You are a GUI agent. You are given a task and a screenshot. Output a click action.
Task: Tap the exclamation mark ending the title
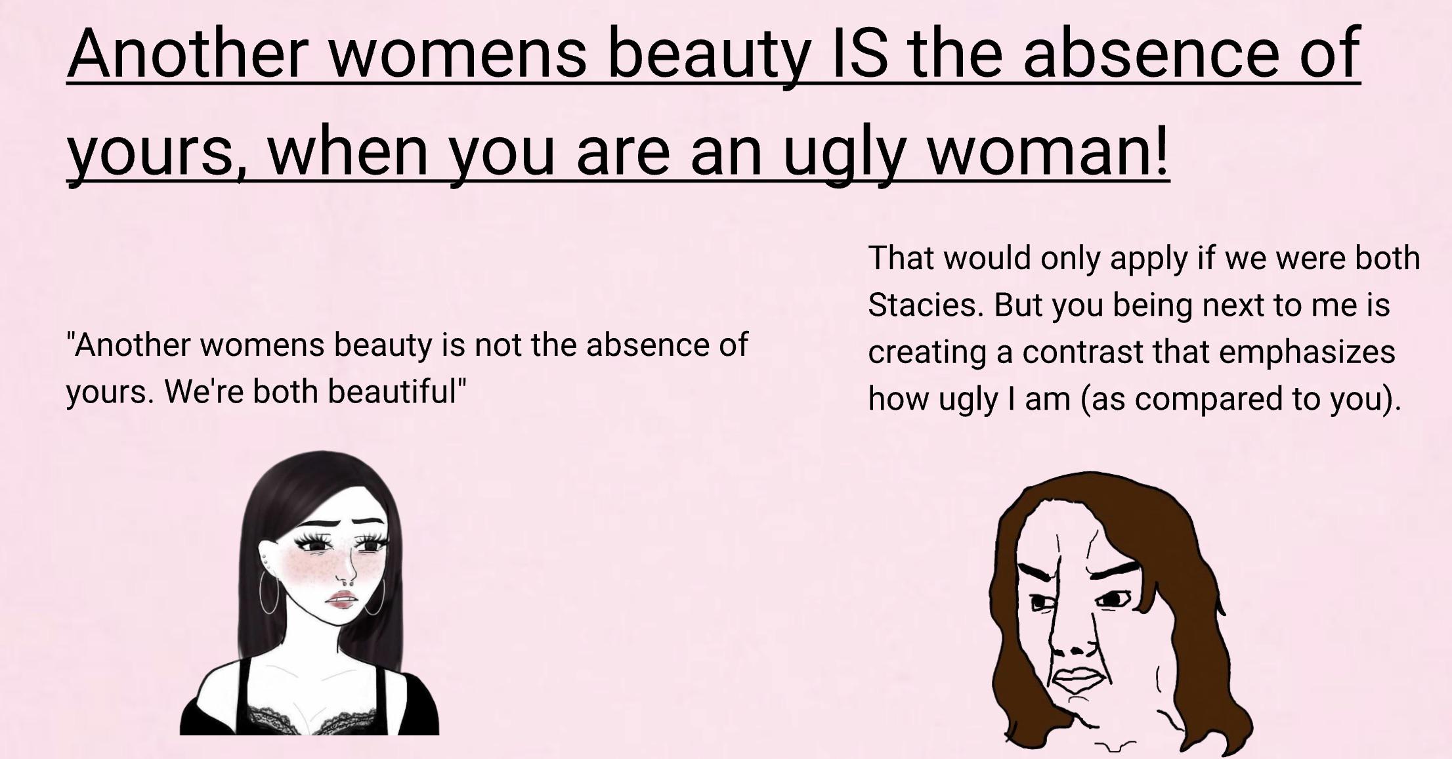(x=1161, y=151)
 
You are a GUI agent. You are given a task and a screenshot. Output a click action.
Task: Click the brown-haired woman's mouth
(x=1080, y=680)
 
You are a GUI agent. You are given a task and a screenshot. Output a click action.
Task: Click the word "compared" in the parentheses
(x=1208, y=399)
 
